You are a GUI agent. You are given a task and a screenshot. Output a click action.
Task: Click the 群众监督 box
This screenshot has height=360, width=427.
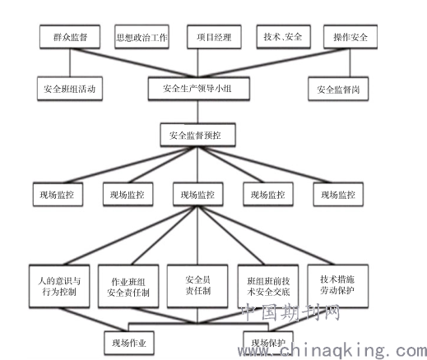tap(70, 37)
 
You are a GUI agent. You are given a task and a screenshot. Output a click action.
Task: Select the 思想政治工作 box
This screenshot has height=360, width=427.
tap(142, 37)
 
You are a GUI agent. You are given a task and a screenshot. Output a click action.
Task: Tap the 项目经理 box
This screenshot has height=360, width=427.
tap(214, 37)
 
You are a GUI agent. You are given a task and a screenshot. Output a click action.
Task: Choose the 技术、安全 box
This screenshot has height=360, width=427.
tap(283, 37)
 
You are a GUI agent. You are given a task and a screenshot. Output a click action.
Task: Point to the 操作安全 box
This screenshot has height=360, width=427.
tap(350, 37)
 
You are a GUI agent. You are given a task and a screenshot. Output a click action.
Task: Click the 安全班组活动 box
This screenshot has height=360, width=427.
tap(70, 89)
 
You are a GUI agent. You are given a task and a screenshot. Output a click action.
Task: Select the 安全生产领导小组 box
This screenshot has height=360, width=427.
tap(198, 89)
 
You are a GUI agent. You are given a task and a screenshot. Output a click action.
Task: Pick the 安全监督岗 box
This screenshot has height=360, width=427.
tap(338, 89)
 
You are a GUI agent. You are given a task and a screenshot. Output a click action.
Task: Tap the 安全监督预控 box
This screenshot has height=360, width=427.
tap(197, 135)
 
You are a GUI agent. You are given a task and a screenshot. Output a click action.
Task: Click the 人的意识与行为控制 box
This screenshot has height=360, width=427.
tap(59, 286)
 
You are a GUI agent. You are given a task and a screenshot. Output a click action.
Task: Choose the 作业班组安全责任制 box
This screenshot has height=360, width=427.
tap(128, 286)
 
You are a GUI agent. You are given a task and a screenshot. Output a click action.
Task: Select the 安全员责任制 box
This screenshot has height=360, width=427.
tap(197, 286)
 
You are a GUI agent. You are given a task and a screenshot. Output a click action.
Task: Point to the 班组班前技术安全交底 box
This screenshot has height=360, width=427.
tap(268, 286)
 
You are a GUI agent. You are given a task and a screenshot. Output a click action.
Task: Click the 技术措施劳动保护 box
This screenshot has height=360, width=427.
tap(338, 286)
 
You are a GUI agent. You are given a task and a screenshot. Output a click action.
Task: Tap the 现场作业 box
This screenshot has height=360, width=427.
tap(129, 344)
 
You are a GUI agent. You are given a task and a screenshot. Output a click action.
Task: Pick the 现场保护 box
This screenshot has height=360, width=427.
tap(268, 344)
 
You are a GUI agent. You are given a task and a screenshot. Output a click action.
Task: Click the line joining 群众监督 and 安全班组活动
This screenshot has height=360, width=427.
tap(70, 62)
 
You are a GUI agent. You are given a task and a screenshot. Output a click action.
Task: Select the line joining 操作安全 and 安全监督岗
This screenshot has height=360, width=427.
tap(350, 63)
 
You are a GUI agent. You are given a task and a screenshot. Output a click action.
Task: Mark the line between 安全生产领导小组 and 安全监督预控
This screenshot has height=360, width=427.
tap(197, 112)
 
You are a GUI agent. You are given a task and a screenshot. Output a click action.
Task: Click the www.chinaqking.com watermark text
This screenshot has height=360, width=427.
tap(332, 350)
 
